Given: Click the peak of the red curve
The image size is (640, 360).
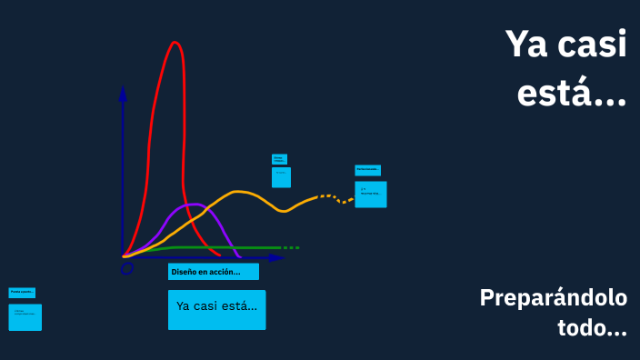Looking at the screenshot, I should tap(175, 43).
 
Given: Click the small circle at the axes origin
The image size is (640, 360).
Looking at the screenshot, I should tap(127, 267).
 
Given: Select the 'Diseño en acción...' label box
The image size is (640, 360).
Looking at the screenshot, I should tap(214, 272).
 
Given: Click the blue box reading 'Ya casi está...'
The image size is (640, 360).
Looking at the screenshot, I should tap(217, 309).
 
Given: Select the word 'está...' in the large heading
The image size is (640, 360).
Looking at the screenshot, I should tap(572, 92).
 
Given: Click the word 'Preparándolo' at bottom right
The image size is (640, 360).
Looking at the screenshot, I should tap(553, 298).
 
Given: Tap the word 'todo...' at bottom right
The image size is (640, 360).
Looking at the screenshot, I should tap(592, 327).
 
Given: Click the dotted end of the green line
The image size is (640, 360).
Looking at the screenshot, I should tap(289, 247).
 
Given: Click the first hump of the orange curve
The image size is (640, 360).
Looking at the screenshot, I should tap(239, 192).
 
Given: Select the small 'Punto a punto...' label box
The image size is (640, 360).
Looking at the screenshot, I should tap(22, 293).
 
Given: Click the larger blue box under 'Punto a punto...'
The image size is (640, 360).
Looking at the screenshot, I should tap(25, 317).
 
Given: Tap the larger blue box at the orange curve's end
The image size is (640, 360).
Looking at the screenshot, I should tap(371, 194).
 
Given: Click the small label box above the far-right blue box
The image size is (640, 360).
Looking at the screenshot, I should tap(368, 170).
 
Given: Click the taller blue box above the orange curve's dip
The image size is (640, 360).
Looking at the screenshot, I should tap(282, 176).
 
